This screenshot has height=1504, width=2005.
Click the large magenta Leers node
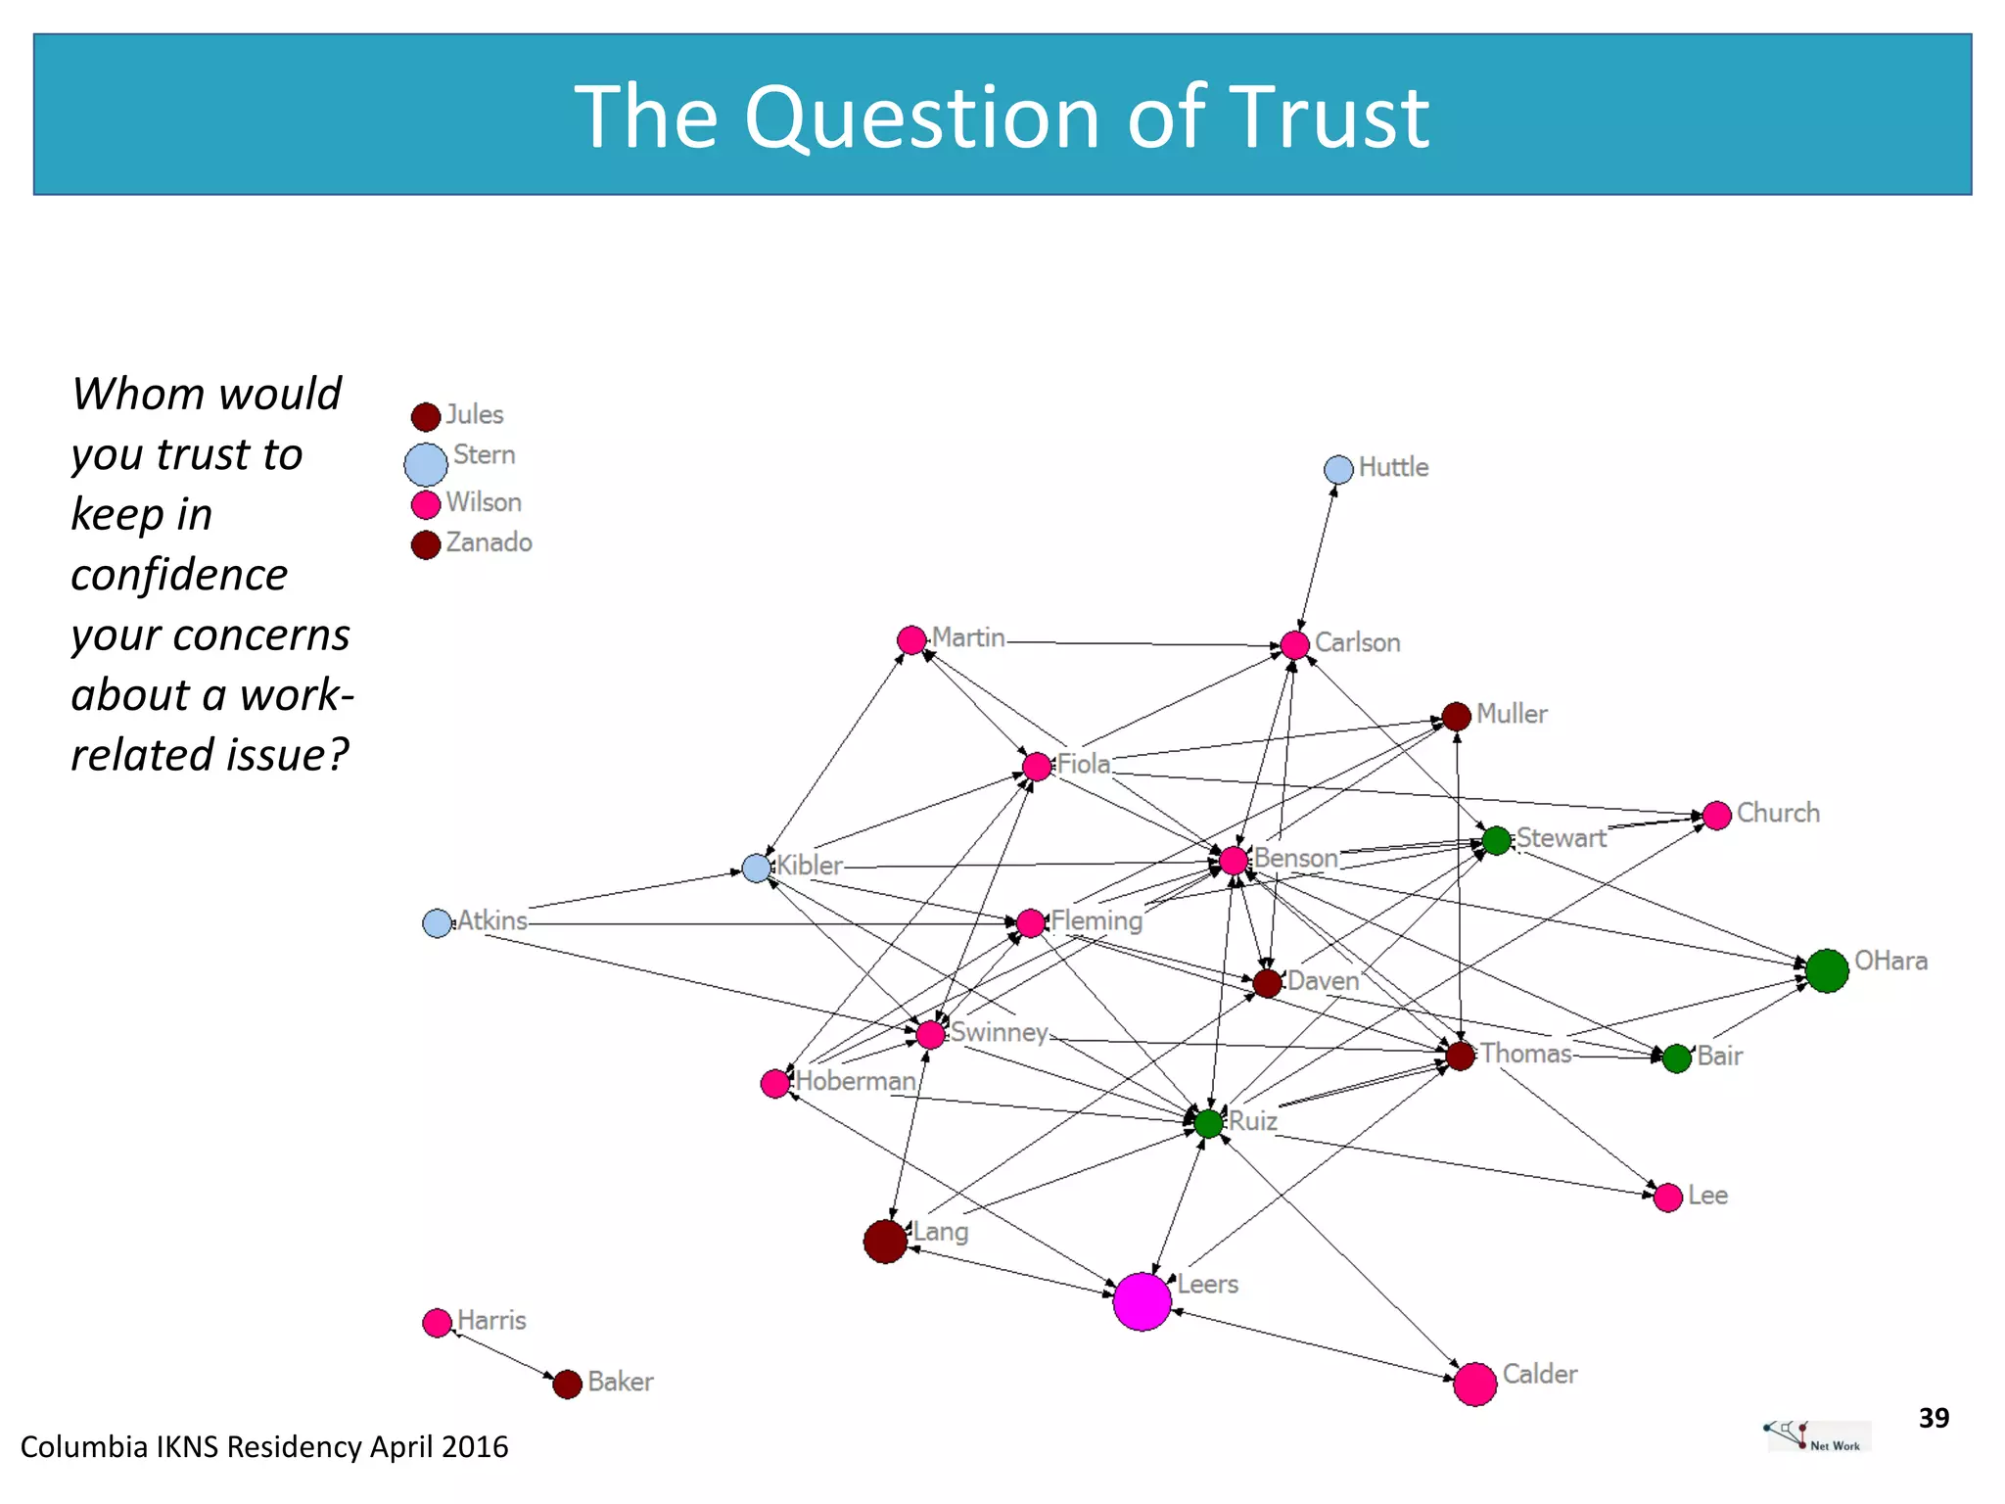tap(1142, 1301)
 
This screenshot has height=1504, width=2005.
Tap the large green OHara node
tap(1826, 970)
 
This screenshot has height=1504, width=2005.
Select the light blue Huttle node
tap(1338, 470)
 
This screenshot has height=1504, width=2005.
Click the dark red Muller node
tap(1456, 717)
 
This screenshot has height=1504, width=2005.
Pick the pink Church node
tap(1716, 816)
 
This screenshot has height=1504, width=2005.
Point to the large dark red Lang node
tap(885, 1242)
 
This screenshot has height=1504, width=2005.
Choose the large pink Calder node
tap(1474, 1385)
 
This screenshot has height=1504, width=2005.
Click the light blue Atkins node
tap(437, 923)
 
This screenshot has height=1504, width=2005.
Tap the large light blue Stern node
tap(426, 464)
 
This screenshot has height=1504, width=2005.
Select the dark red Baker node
tap(567, 1385)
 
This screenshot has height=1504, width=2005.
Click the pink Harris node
tap(437, 1323)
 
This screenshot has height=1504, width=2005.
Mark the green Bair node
tap(1676, 1058)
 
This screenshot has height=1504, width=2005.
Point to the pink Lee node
tap(1667, 1198)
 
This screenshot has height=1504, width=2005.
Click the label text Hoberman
tap(856, 1081)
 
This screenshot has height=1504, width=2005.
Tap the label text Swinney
tap(999, 1032)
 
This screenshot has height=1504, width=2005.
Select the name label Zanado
tap(489, 542)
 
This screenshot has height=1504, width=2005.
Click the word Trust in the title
tap(1329, 117)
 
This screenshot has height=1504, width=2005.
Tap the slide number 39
tap(1934, 1418)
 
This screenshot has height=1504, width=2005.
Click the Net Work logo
tap(1817, 1435)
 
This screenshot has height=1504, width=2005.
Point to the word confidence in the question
tap(179, 575)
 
